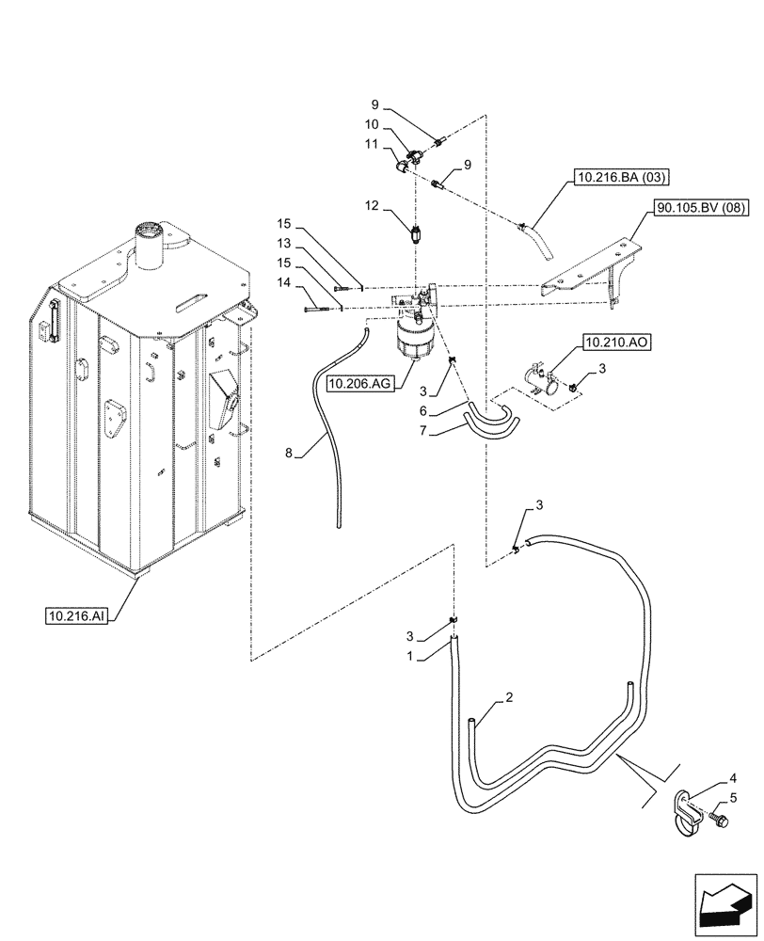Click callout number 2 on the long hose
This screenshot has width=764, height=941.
click(508, 697)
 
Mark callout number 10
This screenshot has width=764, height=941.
click(373, 124)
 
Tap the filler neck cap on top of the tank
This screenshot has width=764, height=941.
click(150, 231)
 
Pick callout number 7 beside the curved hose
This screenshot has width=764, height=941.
click(424, 431)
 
